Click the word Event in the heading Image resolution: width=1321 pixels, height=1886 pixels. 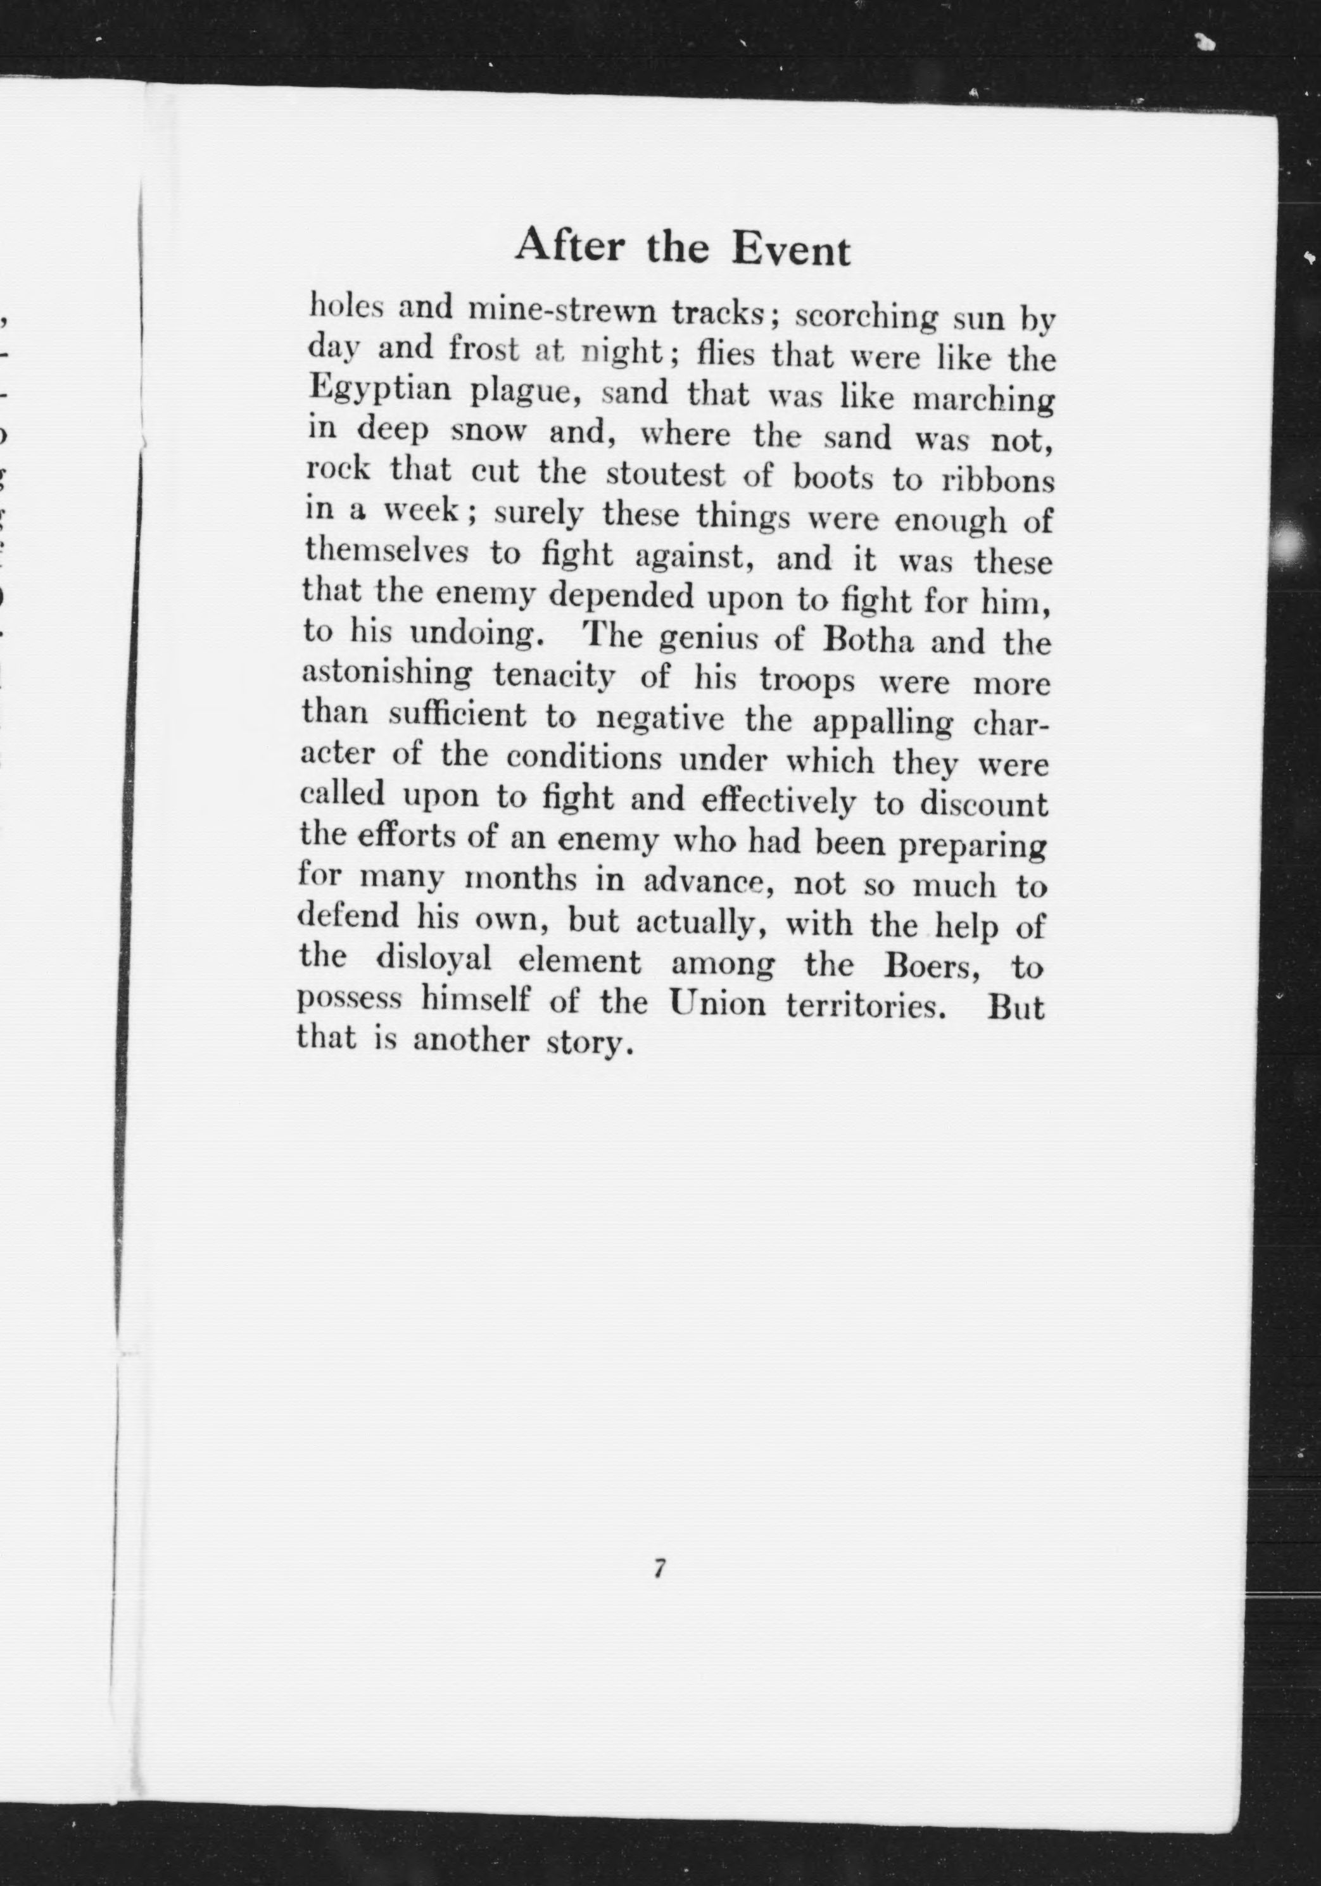(x=790, y=249)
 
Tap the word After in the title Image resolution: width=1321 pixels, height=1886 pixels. (x=567, y=245)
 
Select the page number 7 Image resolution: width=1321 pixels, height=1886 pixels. (x=659, y=1568)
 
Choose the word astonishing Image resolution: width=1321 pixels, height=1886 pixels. (x=387, y=673)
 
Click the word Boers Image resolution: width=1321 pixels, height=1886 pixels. (x=932, y=965)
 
